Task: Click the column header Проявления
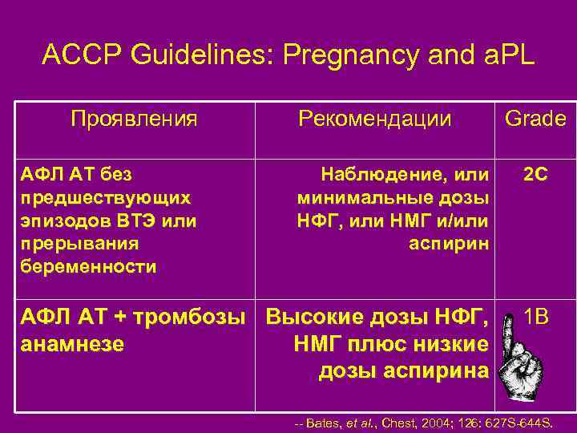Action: [134, 119]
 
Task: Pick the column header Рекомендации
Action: [374, 119]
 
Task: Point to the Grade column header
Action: [535, 119]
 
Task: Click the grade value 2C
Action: [535, 173]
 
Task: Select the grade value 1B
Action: [535, 318]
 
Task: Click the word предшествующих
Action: [103, 196]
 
